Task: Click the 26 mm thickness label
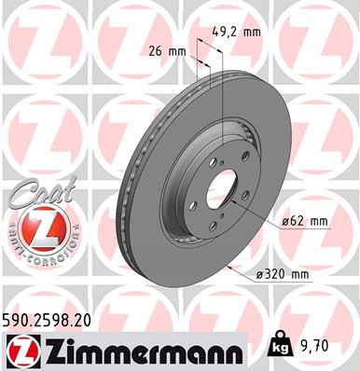(166, 50)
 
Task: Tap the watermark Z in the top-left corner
(37, 37)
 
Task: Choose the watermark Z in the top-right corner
(317, 37)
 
